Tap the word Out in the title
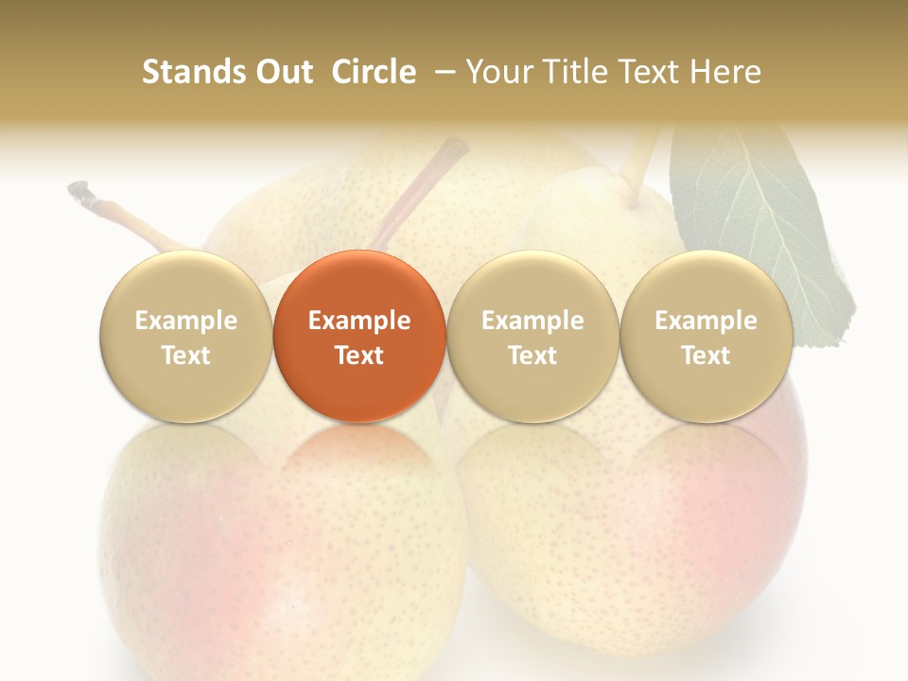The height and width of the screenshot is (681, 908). pyautogui.click(x=281, y=72)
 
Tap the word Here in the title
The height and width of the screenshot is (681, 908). pyautogui.click(x=724, y=72)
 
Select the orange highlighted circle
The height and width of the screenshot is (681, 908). pyautogui.click(x=359, y=336)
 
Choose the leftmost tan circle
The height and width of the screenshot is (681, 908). pyautogui.click(x=185, y=336)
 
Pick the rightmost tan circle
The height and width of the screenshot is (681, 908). pyautogui.click(x=706, y=336)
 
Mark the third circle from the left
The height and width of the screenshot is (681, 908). pyautogui.click(x=533, y=336)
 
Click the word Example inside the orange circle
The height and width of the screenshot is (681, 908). pyautogui.click(x=359, y=321)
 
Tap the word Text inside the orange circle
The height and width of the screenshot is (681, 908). pyautogui.click(x=359, y=356)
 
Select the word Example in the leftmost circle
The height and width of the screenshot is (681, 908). pyautogui.click(x=185, y=321)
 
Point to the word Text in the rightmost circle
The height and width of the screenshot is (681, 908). pyautogui.click(x=706, y=356)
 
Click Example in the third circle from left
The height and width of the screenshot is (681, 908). pyautogui.click(x=533, y=321)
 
